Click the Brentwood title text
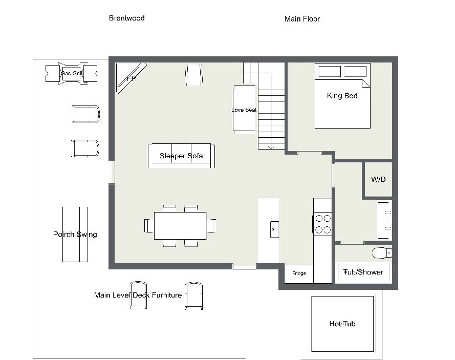coord(127,18)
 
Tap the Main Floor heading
coord(302,19)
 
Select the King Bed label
coord(342,96)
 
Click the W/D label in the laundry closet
coord(378,179)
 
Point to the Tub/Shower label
coord(363,272)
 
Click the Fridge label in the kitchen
coord(299,273)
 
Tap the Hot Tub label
coord(342,324)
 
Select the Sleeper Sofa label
coord(181,156)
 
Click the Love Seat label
coord(244,110)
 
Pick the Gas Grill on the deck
coord(71,73)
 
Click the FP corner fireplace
coord(131,78)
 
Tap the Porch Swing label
coord(75,235)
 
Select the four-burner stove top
coord(322,224)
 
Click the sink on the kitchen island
coord(274,229)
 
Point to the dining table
coord(180,226)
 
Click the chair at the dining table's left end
coord(149,226)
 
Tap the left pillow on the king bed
coord(330,71)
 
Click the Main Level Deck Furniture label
coord(138,295)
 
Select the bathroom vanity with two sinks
coord(385,220)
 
